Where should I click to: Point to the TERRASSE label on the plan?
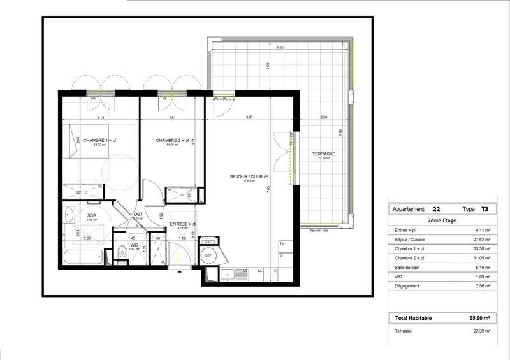click(x=323, y=155)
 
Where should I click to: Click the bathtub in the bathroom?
click(x=83, y=258)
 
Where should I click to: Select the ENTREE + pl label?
click(x=182, y=224)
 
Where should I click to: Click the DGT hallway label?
click(x=138, y=214)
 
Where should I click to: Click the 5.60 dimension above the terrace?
click(x=280, y=48)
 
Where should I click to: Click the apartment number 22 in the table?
click(x=436, y=208)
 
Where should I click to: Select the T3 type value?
click(x=485, y=208)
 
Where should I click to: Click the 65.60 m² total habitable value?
click(x=480, y=318)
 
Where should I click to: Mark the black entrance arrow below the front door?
click(x=180, y=271)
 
